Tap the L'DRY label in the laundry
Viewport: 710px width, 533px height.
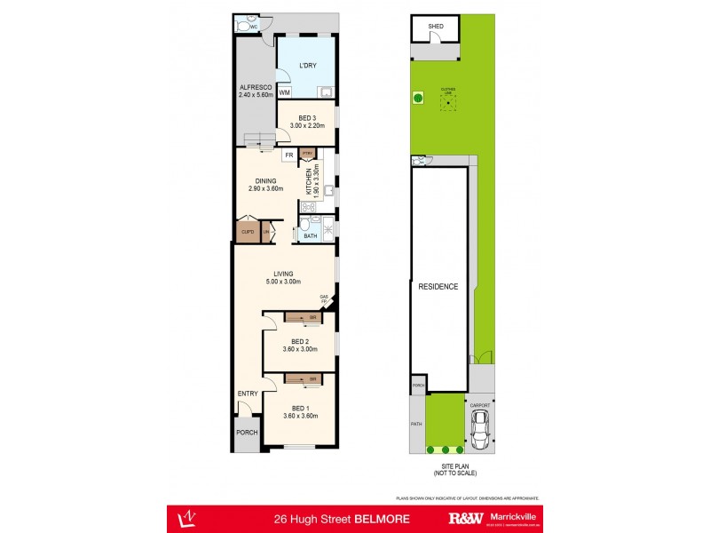point(307,66)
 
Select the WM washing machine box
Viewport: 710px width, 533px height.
point(285,92)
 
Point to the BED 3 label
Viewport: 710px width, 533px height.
point(307,119)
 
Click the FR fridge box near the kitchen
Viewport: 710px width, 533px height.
point(288,155)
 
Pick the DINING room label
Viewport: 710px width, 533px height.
point(265,181)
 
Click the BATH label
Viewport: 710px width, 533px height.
point(310,236)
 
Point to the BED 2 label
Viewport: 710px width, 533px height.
point(300,341)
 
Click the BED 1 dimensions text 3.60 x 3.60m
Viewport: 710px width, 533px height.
point(300,416)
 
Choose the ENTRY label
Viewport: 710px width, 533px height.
point(247,394)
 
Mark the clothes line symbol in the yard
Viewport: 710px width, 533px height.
point(449,102)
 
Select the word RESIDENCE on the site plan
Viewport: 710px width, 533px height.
point(438,286)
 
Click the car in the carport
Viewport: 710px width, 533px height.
point(480,432)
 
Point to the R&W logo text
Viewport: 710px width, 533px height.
point(466,517)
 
